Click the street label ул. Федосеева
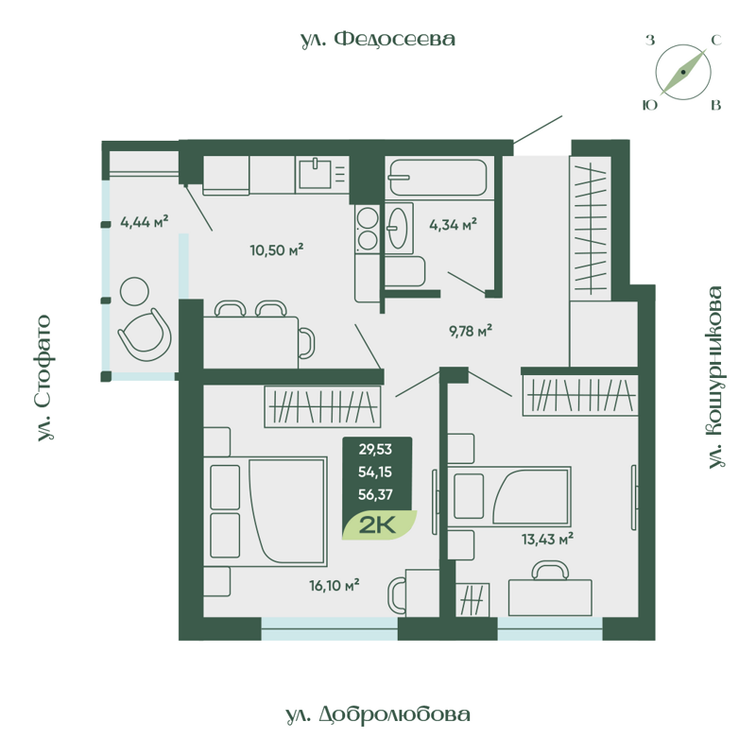click(378, 39)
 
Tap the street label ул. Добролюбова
click(377, 714)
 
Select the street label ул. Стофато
click(43, 379)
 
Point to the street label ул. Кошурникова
click(715, 377)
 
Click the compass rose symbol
click(683, 72)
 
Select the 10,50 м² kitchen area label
click(276, 249)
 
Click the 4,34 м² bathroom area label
click(453, 224)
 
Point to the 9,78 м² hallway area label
click(470, 331)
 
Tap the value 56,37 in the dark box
click(375, 492)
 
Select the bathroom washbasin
click(399, 227)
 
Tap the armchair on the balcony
click(145, 334)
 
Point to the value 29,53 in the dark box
click(375, 448)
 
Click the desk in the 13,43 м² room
click(550, 597)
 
